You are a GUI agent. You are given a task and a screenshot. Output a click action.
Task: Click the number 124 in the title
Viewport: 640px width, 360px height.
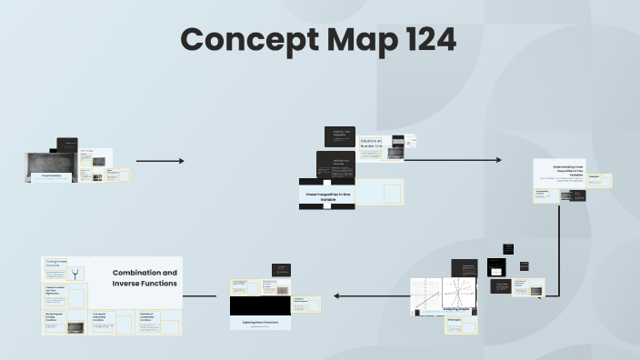(417, 40)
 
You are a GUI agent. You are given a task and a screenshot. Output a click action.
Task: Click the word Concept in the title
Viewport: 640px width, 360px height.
(238, 40)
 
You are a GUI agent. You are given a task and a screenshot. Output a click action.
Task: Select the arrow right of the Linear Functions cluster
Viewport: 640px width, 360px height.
(160, 161)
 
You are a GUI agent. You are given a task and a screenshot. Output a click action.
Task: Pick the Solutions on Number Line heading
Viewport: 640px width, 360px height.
(370, 143)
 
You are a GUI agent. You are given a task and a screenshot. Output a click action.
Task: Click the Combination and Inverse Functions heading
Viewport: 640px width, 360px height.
(145, 277)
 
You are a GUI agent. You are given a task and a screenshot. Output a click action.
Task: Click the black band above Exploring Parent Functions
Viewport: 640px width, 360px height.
(259, 307)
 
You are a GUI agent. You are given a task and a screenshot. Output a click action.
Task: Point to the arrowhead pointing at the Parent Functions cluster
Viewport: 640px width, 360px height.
(337, 295)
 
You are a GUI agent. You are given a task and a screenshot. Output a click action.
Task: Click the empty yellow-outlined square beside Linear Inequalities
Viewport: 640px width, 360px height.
(392, 194)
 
